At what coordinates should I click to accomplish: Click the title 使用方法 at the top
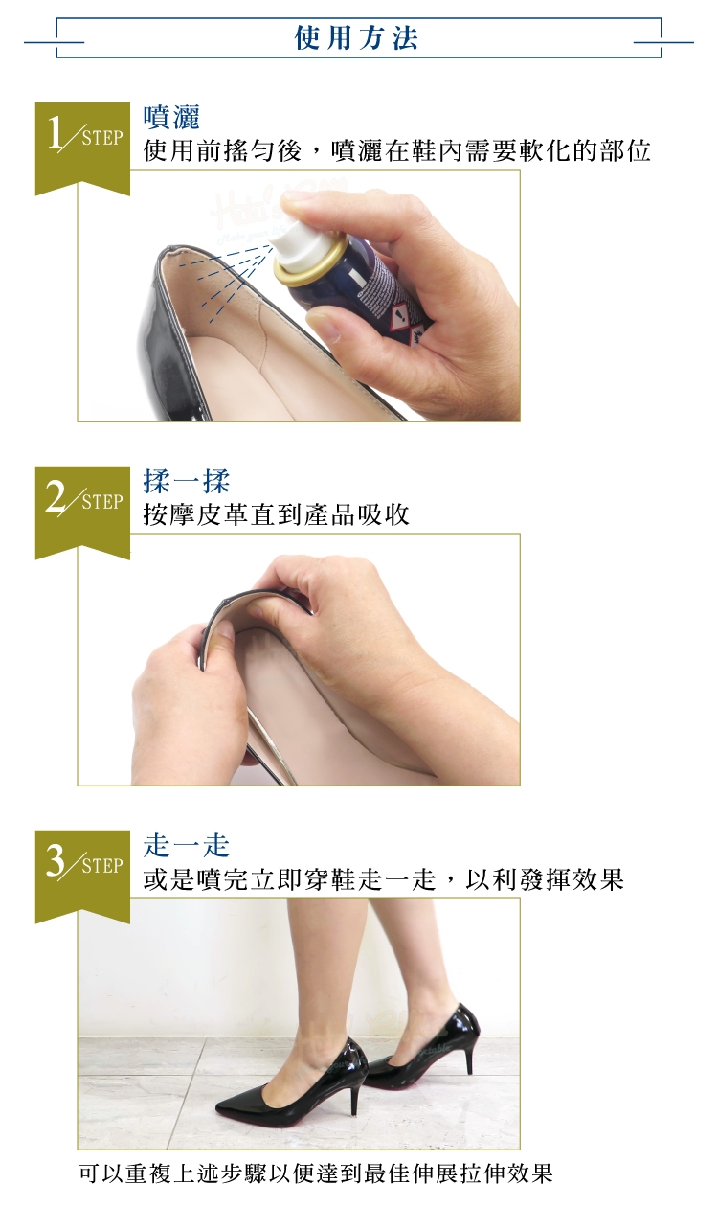pos(356,38)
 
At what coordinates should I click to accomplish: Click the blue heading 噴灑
pos(171,117)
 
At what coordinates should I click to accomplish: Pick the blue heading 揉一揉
pos(187,481)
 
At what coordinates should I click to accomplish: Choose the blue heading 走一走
pos(187,845)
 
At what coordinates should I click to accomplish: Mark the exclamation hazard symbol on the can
pos(398,314)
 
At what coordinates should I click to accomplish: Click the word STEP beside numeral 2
pos(102,502)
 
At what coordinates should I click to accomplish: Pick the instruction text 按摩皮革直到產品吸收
pos(277,514)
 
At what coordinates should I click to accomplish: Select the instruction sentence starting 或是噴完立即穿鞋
pos(384,878)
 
